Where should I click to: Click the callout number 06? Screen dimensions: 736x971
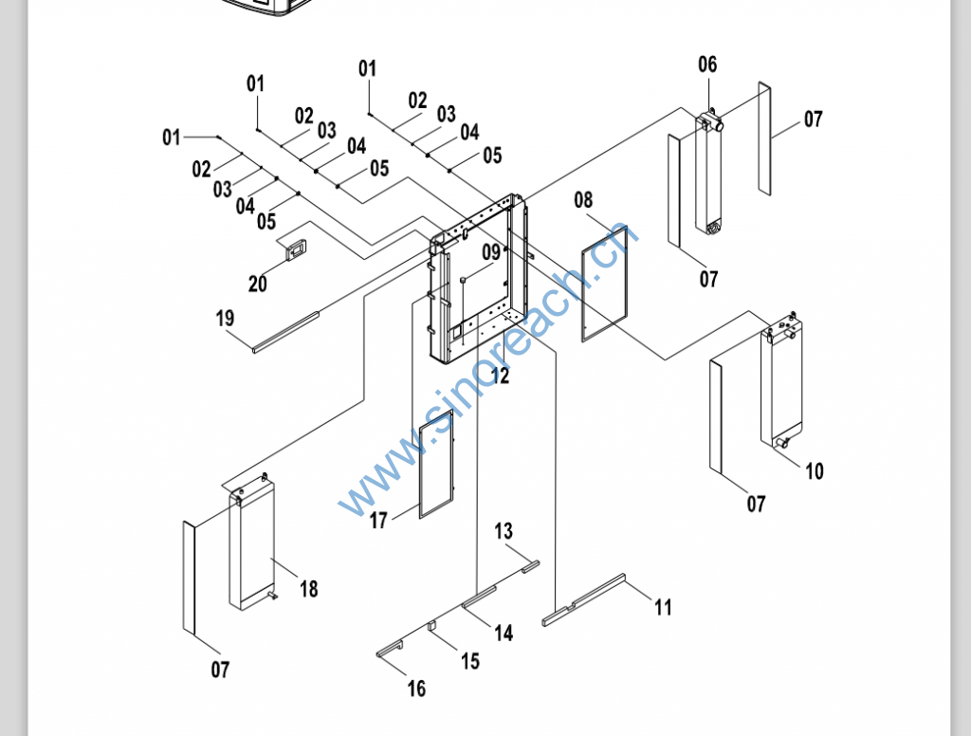tap(707, 64)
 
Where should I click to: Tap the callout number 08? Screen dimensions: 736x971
tap(583, 200)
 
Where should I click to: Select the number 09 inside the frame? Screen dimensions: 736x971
tap(490, 252)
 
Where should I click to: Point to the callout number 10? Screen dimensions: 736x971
tap(815, 471)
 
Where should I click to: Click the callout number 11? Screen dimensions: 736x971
tap(663, 607)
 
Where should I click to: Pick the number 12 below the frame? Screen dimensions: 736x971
tap(500, 377)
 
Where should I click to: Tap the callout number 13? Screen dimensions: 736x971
tap(503, 531)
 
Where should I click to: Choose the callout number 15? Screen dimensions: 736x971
tap(470, 661)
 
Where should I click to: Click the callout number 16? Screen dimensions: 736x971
tap(416, 690)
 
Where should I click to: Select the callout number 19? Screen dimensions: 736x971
tap(225, 318)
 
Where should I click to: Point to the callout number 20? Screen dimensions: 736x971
tap(258, 283)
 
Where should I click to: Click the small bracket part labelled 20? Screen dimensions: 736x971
tap(295, 248)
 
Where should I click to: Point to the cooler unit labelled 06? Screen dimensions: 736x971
tap(709, 175)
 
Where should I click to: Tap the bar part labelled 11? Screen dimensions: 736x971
tap(584, 598)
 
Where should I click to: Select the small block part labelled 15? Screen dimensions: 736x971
tap(431, 626)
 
